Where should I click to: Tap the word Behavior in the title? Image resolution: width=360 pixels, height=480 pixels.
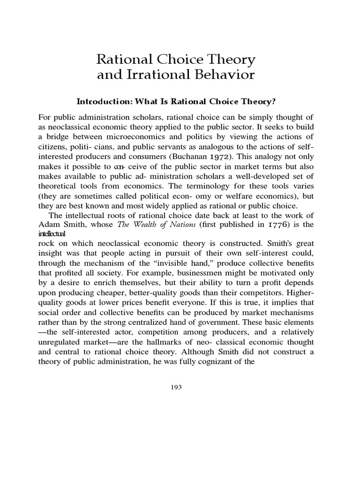click(222, 75)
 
